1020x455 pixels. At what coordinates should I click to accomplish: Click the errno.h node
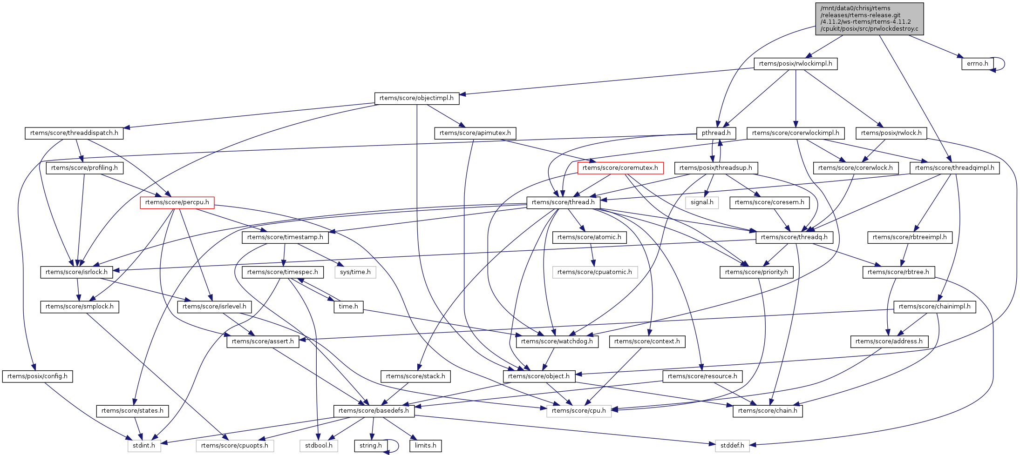pos(977,64)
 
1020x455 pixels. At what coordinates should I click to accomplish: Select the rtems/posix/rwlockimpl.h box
pos(796,64)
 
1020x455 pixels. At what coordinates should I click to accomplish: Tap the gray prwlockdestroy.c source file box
pos(869,19)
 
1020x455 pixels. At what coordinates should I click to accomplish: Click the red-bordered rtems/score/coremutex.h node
pos(620,168)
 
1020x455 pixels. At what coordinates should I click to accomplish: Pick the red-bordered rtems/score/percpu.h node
pos(177,202)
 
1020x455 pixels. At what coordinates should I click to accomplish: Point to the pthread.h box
pos(716,133)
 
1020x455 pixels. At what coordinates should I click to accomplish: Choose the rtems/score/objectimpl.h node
pos(416,98)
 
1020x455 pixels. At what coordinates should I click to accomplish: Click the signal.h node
pos(702,202)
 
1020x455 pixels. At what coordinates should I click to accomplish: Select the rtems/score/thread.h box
pos(563,202)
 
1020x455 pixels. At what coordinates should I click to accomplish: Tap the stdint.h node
pos(144,446)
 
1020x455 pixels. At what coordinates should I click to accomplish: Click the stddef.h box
pos(732,446)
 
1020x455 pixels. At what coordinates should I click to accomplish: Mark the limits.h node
pos(426,446)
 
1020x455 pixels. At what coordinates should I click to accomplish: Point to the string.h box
pos(371,446)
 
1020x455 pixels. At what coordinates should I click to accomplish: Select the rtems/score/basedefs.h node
pos(374,411)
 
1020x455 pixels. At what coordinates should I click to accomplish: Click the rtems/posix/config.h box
pos(37,376)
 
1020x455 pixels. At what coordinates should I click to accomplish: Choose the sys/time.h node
pos(355,272)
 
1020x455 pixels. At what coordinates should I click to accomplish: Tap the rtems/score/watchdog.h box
pos(557,341)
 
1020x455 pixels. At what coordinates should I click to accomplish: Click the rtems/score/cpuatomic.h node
pos(595,272)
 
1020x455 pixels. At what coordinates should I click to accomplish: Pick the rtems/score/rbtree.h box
pos(898,272)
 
